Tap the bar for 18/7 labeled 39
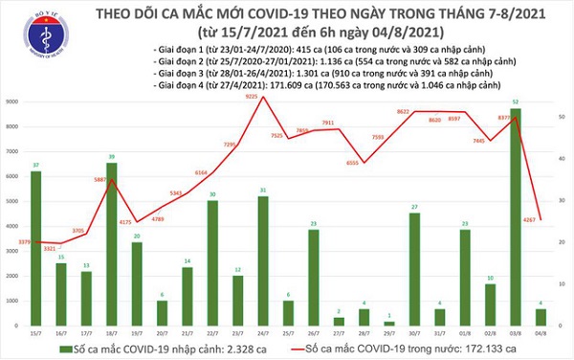pyautogui.click(x=111, y=244)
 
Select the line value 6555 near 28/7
pyautogui.click(x=354, y=164)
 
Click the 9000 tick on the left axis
pyautogui.click(x=11, y=101)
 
